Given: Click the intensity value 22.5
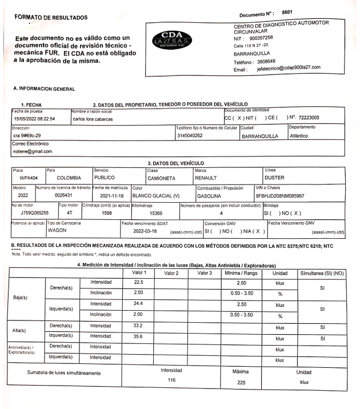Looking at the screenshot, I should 138,282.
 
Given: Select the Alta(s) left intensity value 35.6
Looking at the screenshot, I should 138,336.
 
